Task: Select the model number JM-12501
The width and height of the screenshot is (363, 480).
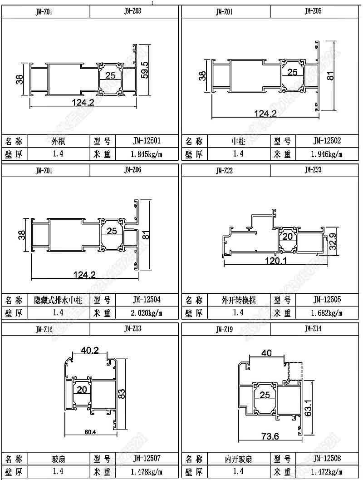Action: tap(147, 141)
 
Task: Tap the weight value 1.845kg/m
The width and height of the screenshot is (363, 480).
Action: tap(147, 154)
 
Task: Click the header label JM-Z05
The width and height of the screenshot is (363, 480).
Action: tap(313, 11)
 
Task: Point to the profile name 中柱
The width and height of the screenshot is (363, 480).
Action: tap(238, 141)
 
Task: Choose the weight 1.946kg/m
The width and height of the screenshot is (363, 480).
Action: tap(327, 154)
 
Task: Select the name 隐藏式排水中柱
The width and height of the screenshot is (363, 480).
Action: tap(58, 300)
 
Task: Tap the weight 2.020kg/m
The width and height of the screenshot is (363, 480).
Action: tap(147, 313)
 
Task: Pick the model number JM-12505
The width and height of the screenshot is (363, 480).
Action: tap(327, 300)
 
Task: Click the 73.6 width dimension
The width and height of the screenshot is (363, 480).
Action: tap(270, 437)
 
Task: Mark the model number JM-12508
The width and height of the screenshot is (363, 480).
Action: tap(327, 458)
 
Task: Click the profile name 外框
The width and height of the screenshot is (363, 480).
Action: tap(58, 141)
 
